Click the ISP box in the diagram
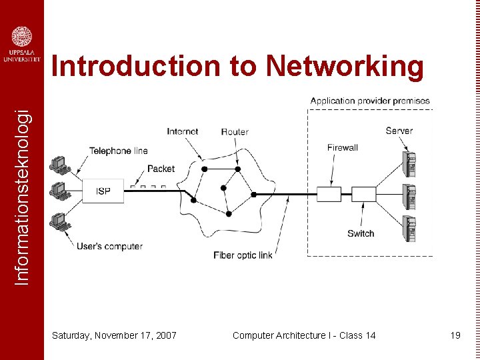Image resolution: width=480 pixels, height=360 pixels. click(x=103, y=191)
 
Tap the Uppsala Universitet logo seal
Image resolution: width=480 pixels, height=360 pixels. click(x=22, y=37)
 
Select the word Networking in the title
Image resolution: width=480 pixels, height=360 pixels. click(x=345, y=67)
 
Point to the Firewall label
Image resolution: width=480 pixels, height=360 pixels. click(x=343, y=147)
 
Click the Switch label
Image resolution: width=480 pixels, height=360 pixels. click(x=361, y=233)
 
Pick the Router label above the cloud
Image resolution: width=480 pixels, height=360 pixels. click(x=235, y=131)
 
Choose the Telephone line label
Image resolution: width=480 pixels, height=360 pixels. click(x=119, y=151)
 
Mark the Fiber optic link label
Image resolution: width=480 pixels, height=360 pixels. click(x=243, y=255)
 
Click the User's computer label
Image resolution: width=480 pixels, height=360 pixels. click(x=109, y=246)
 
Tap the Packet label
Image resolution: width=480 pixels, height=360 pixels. click(x=161, y=169)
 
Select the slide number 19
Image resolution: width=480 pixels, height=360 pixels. click(x=455, y=335)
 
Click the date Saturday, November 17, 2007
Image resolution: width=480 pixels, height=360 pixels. click(x=114, y=335)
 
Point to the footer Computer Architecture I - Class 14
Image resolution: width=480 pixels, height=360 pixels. click(x=304, y=335)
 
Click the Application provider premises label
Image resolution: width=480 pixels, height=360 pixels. click(x=370, y=101)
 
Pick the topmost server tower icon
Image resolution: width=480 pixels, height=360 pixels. click(x=410, y=163)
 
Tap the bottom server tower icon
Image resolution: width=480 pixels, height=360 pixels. click(x=410, y=229)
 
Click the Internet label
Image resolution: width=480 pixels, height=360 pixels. click(x=183, y=131)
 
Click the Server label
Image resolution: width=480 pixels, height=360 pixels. click(x=399, y=131)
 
